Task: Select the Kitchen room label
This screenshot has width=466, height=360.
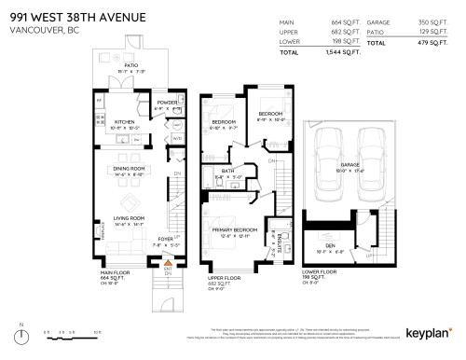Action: [126, 120]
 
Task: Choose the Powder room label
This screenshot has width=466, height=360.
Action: [167, 103]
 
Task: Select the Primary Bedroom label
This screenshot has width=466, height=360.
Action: [233, 229]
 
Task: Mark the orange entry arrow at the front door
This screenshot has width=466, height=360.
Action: [167, 266]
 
